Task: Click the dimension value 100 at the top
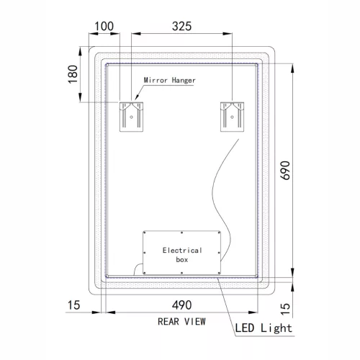point(104,26)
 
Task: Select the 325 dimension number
point(182,26)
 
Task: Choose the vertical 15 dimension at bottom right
point(285,307)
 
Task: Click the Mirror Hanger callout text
point(169,81)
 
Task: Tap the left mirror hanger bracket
point(132,115)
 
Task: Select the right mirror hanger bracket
point(233,115)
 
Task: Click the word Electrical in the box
point(182,250)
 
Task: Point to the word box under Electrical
point(182,259)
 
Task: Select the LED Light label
point(264,329)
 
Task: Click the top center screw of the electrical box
point(182,233)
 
